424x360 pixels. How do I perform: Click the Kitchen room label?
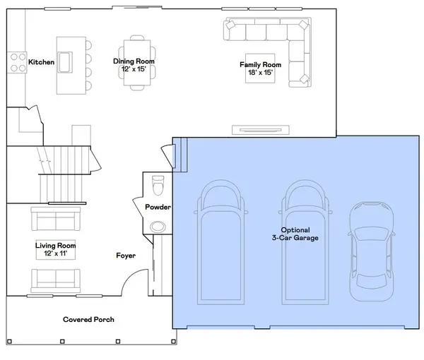click(x=42, y=62)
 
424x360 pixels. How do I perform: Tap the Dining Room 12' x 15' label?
click(x=134, y=65)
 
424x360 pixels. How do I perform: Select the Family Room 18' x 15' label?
click(x=260, y=68)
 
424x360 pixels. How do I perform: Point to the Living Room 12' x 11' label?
click(x=56, y=249)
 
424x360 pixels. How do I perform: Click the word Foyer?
click(x=126, y=256)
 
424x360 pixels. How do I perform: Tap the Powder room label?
click(x=158, y=207)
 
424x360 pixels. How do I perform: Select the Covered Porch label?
click(x=89, y=320)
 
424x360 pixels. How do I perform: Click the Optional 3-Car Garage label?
click(x=295, y=234)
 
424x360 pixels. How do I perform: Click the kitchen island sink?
click(x=65, y=62)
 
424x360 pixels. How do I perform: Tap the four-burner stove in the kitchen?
click(x=17, y=62)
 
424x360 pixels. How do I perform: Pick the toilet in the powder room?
click(x=158, y=185)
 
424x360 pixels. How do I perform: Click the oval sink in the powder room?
click(x=158, y=227)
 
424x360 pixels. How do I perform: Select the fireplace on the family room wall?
click(x=261, y=130)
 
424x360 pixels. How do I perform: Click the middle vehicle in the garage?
click(x=305, y=242)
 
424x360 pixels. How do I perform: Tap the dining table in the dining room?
click(x=137, y=63)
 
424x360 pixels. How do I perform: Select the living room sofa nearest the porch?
click(x=56, y=281)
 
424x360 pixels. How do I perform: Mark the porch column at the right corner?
click(x=174, y=342)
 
